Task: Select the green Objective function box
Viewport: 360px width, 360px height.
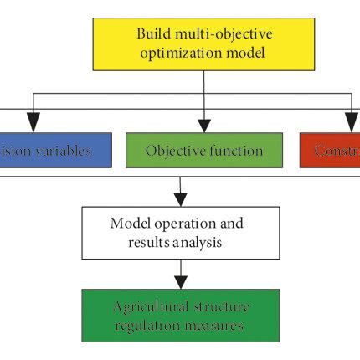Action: (204, 152)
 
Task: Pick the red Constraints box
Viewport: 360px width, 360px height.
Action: (330, 152)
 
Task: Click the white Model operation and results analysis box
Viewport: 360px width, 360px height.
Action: (180, 233)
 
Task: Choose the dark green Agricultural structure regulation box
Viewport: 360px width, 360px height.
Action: (180, 316)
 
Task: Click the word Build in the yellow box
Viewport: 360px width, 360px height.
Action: (152, 33)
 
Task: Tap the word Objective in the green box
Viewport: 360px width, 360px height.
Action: (172, 152)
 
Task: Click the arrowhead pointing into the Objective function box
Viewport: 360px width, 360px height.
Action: (204, 126)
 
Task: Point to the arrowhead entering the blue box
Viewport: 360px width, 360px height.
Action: (33, 126)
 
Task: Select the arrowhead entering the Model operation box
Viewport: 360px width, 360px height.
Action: (180, 200)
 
